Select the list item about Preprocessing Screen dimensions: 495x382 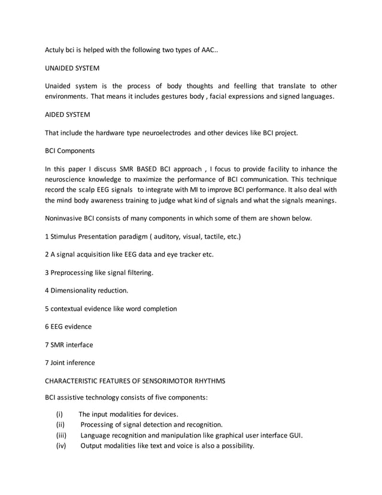click(99, 273)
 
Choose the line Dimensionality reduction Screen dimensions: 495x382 click(86, 291)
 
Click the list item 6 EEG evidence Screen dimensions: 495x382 click(68, 327)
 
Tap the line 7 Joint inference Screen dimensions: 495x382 click(70, 363)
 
